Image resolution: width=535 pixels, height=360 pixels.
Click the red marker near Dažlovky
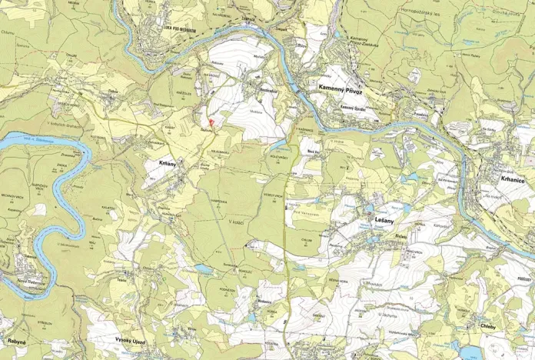211,122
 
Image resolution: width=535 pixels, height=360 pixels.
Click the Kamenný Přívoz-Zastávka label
367,43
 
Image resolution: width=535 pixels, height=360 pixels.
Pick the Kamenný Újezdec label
355,108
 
